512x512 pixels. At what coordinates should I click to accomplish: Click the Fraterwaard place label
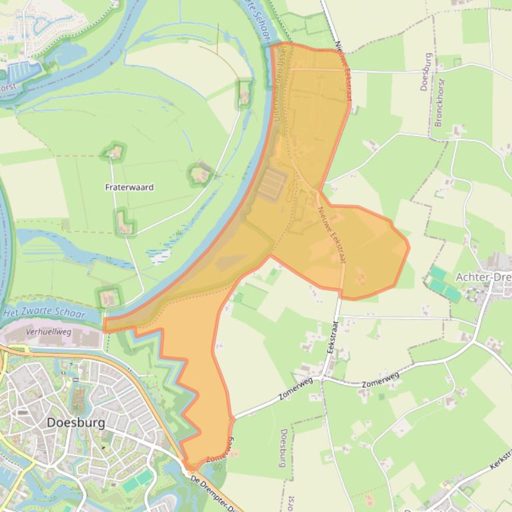point(129,188)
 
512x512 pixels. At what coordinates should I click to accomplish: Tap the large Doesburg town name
point(76,422)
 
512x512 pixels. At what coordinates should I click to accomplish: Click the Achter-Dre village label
point(483,276)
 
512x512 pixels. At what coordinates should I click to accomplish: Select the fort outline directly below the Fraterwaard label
point(123,221)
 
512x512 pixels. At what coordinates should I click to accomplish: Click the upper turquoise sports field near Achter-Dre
point(437,273)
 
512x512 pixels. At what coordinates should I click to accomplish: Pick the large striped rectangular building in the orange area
point(272,184)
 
